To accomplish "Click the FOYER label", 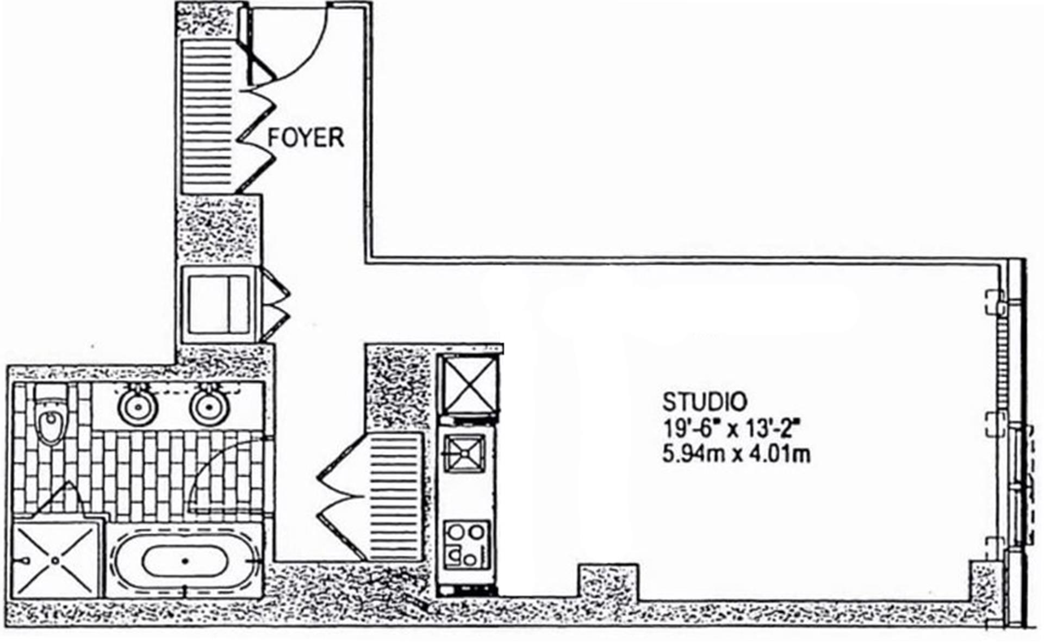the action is coord(306,138).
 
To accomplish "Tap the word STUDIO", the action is coord(704,402).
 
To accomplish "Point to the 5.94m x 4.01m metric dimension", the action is coord(736,453).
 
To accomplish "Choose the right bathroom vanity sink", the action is coord(209,406).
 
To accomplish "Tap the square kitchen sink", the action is coord(464,452).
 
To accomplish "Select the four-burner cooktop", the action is coord(465,544).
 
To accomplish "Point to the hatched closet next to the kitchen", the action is coord(395,496).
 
